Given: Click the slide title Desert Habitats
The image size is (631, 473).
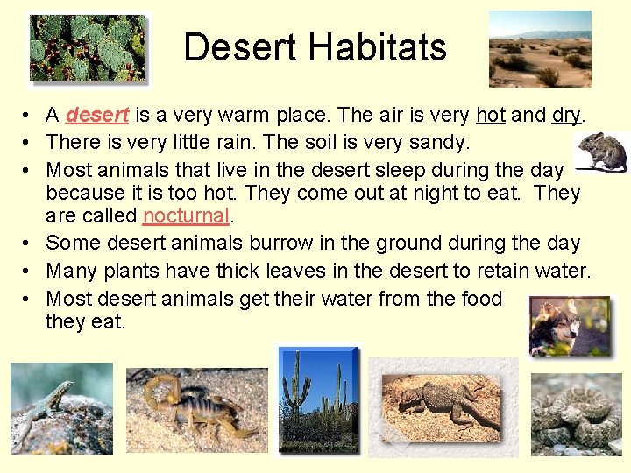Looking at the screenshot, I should (x=315, y=47).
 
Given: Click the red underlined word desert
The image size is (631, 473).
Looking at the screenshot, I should (x=97, y=115).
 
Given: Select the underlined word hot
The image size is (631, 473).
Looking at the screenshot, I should (x=491, y=115).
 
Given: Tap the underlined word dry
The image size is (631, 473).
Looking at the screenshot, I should (x=567, y=115).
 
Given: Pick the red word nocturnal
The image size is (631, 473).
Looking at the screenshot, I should (x=186, y=215).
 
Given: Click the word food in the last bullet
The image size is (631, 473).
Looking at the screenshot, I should (x=480, y=298).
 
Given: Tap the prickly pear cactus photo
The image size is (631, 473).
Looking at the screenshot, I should (x=89, y=48).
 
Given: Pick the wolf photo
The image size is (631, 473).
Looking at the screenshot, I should (x=569, y=326).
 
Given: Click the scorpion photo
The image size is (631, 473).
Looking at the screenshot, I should (x=197, y=410).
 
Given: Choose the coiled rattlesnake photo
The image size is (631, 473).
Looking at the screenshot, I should (x=576, y=412).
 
